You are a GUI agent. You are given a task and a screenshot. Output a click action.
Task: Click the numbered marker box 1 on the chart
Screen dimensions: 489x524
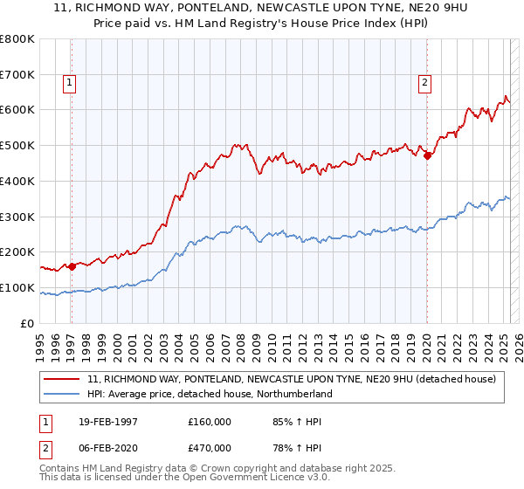click(x=69, y=83)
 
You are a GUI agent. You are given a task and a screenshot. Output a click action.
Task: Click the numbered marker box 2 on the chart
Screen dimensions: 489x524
click(x=424, y=83)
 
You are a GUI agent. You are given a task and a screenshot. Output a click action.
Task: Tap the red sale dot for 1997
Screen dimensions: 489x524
click(x=72, y=266)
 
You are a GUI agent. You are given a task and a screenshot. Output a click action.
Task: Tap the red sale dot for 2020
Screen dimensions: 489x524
click(x=427, y=156)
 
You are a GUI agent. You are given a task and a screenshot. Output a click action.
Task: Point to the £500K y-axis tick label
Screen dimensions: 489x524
click(x=17, y=145)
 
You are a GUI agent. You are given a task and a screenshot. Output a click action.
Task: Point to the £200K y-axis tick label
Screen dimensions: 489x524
click(x=17, y=252)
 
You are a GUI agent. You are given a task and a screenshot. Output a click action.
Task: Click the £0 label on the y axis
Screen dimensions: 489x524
click(x=28, y=324)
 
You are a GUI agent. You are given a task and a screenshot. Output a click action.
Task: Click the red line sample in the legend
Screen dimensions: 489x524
click(x=63, y=379)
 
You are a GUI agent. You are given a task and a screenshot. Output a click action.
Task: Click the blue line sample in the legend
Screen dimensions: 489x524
click(x=63, y=394)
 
